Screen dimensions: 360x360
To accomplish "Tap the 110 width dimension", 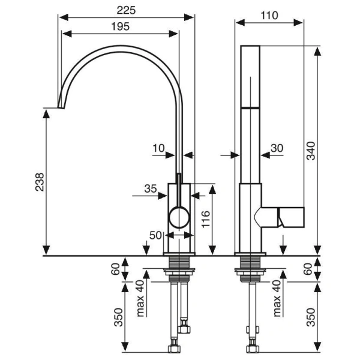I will (270, 15).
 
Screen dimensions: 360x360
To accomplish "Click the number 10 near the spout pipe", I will (158, 147).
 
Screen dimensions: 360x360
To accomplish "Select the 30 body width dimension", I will (277, 148).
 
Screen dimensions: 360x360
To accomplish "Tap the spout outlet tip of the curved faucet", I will (60, 107).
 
